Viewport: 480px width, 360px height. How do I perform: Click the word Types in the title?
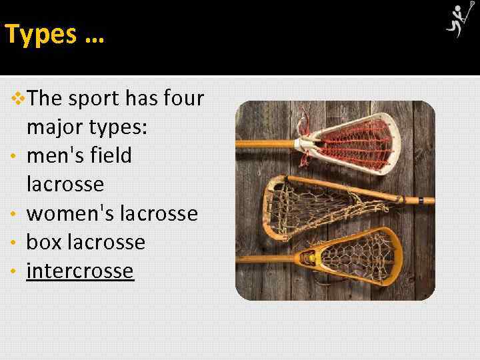click(41, 35)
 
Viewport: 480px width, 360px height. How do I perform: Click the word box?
click(42, 242)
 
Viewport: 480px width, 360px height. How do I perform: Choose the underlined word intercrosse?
click(80, 271)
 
